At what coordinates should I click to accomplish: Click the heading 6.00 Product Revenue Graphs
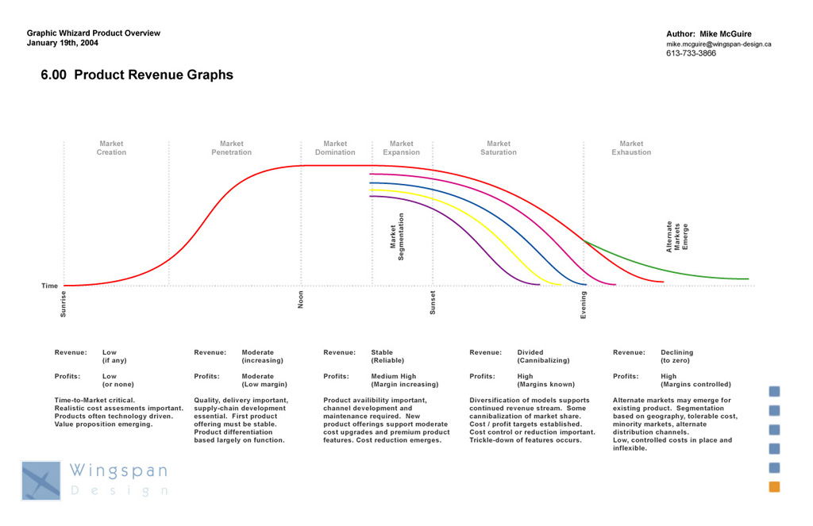(x=137, y=75)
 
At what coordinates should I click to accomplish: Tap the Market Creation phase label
(x=111, y=148)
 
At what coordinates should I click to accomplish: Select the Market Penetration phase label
(x=232, y=148)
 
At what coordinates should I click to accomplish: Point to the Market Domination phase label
(x=335, y=148)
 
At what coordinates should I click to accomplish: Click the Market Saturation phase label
(x=499, y=148)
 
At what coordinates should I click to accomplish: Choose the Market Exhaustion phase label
(x=631, y=148)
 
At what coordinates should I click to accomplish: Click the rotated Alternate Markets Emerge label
(x=677, y=236)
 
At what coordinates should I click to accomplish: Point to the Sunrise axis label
(x=64, y=305)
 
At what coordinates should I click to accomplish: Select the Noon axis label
(x=301, y=299)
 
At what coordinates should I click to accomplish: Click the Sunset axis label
(x=433, y=302)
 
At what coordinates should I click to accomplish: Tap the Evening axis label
(x=584, y=305)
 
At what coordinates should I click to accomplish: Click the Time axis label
(x=49, y=286)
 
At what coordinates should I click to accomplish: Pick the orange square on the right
(x=774, y=487)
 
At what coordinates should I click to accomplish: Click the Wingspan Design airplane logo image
(x=41, y=481)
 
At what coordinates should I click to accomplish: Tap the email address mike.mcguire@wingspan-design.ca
(x=719, y=44)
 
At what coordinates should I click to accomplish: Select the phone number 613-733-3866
(x=691, y=54)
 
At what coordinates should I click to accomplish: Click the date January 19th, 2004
(x=63, y=43)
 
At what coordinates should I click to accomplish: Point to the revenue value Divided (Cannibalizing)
(x=543, y=356)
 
